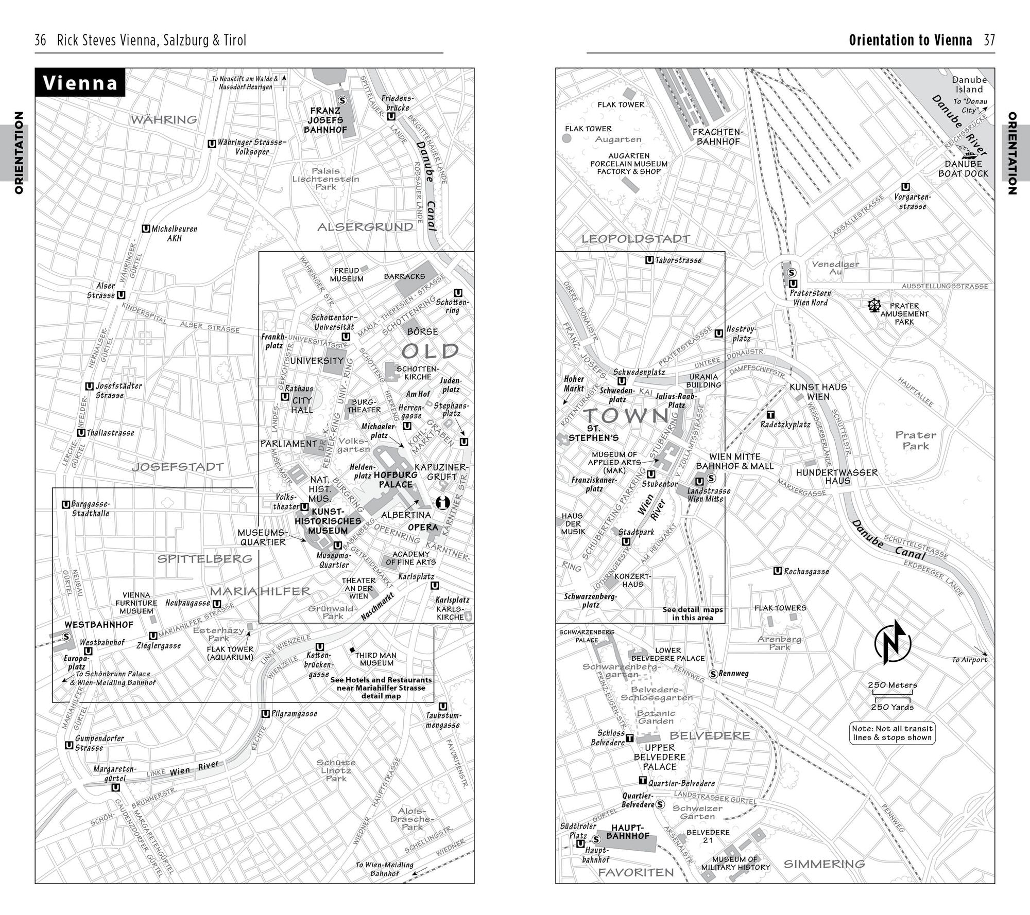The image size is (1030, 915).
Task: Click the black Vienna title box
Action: (80, 82)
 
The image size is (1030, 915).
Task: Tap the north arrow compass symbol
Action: (892, 642)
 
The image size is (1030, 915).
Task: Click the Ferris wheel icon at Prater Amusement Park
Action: (874, 306)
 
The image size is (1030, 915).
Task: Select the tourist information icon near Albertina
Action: (442, 502)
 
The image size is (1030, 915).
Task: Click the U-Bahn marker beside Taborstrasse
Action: (649, 260)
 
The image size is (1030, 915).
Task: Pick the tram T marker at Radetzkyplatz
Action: (770, 415)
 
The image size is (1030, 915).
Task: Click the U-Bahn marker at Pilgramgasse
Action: (265, 714)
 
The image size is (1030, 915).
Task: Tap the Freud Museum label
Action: (347, 275)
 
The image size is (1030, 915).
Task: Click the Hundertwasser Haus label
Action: (837, 477)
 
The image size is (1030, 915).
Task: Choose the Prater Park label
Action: (916, 441)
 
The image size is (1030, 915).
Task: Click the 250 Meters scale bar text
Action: (892, 685)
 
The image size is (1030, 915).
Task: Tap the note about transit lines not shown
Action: (892, 733)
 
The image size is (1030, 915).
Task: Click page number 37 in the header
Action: (989, 40)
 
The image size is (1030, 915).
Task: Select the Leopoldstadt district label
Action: (636, 239)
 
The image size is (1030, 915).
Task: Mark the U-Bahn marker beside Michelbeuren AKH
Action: (146, 228)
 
